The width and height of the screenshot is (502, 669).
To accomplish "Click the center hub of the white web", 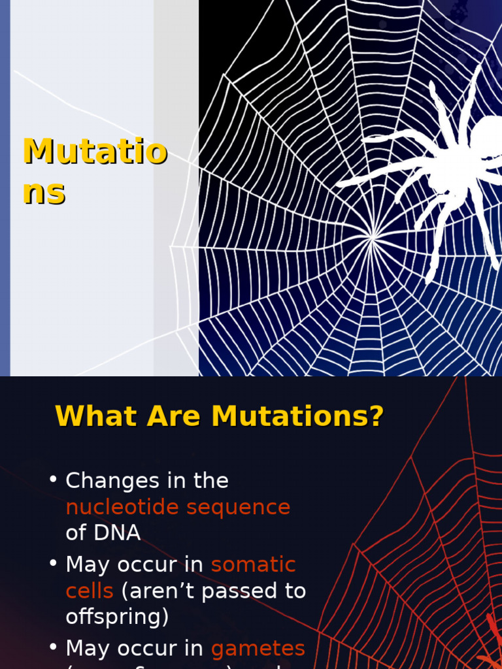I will pos(373,239).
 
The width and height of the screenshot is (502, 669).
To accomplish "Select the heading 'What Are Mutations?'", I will pos(219,416).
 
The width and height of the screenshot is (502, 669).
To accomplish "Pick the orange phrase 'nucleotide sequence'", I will pos(178,507).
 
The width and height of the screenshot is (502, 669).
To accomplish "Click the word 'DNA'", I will pos(118,533).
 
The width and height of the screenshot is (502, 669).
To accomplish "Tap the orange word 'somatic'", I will pos(253,564).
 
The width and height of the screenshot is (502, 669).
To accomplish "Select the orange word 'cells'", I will pos(90,591).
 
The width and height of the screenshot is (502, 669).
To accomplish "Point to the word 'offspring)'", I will pos(117,617).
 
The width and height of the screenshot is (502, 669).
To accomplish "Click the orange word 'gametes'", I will pos(258,648).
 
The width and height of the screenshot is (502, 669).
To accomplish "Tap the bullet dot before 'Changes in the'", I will pos(54,480).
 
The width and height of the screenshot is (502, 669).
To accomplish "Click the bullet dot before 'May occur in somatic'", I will pos(54,563).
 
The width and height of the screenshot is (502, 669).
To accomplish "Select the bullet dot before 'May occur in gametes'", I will pos(54,647).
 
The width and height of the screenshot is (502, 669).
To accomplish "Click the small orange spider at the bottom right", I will pos(492,644).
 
